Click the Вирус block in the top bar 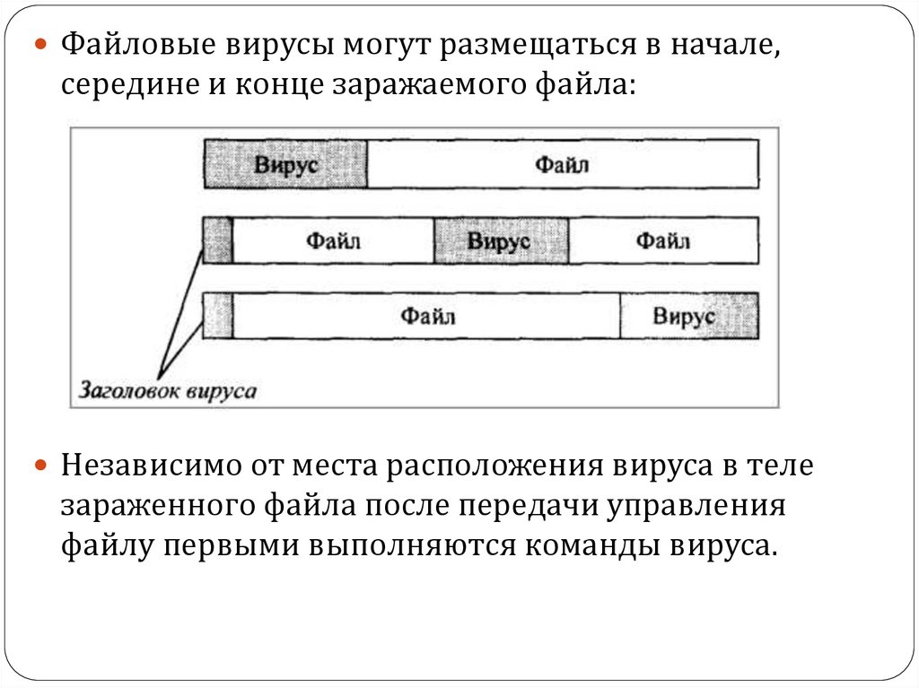[285, 164]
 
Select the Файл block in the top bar [563, 164]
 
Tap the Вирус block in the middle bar [501, 240]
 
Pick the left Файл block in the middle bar [333, 240]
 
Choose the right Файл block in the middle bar [663, 240]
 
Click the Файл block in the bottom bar [426, 316]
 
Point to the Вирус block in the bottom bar [688, 316]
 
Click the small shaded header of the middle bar [217, 240]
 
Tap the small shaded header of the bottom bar [217, 316]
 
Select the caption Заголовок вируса [168, 391]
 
